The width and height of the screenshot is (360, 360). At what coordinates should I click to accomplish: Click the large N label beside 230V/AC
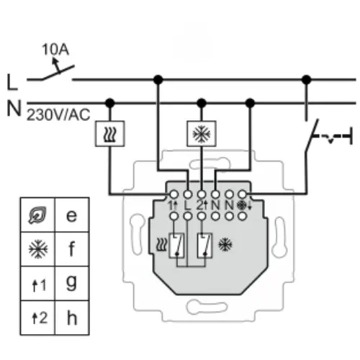pos(13,109)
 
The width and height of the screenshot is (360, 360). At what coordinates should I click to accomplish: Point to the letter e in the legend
pos(71,215)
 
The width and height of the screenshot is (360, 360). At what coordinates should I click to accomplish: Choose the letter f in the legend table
pos(71,248)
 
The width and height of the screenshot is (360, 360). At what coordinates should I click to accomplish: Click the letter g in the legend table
pos(71,283)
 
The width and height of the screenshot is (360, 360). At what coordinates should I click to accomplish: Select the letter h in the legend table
pos(71,317)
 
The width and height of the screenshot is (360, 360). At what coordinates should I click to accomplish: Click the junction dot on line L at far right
pos(307,78)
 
